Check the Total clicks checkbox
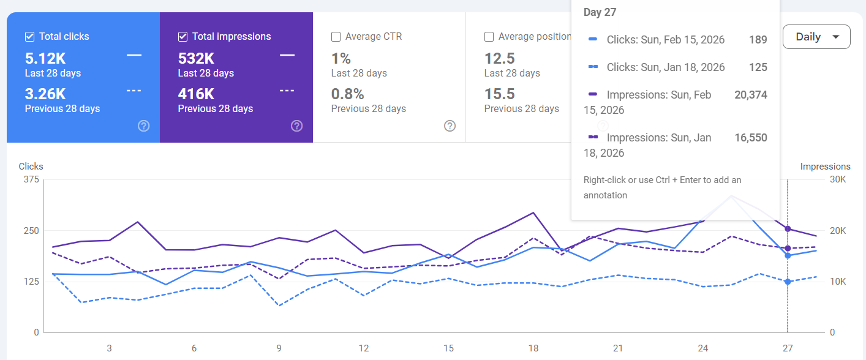29,37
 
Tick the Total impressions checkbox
183,37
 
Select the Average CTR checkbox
336,37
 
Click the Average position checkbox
489,37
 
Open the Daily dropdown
816,37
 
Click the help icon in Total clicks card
143,126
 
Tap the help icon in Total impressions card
296,126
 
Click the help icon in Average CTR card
450,126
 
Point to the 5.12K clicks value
45,59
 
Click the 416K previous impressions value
196,94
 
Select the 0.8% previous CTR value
347,94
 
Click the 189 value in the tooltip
758,40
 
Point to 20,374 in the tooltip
750,95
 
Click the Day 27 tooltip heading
600,12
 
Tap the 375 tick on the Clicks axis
31,179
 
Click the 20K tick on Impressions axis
838,231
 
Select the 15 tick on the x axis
448,348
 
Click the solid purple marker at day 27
788,229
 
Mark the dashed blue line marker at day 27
788,282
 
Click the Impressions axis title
825,167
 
